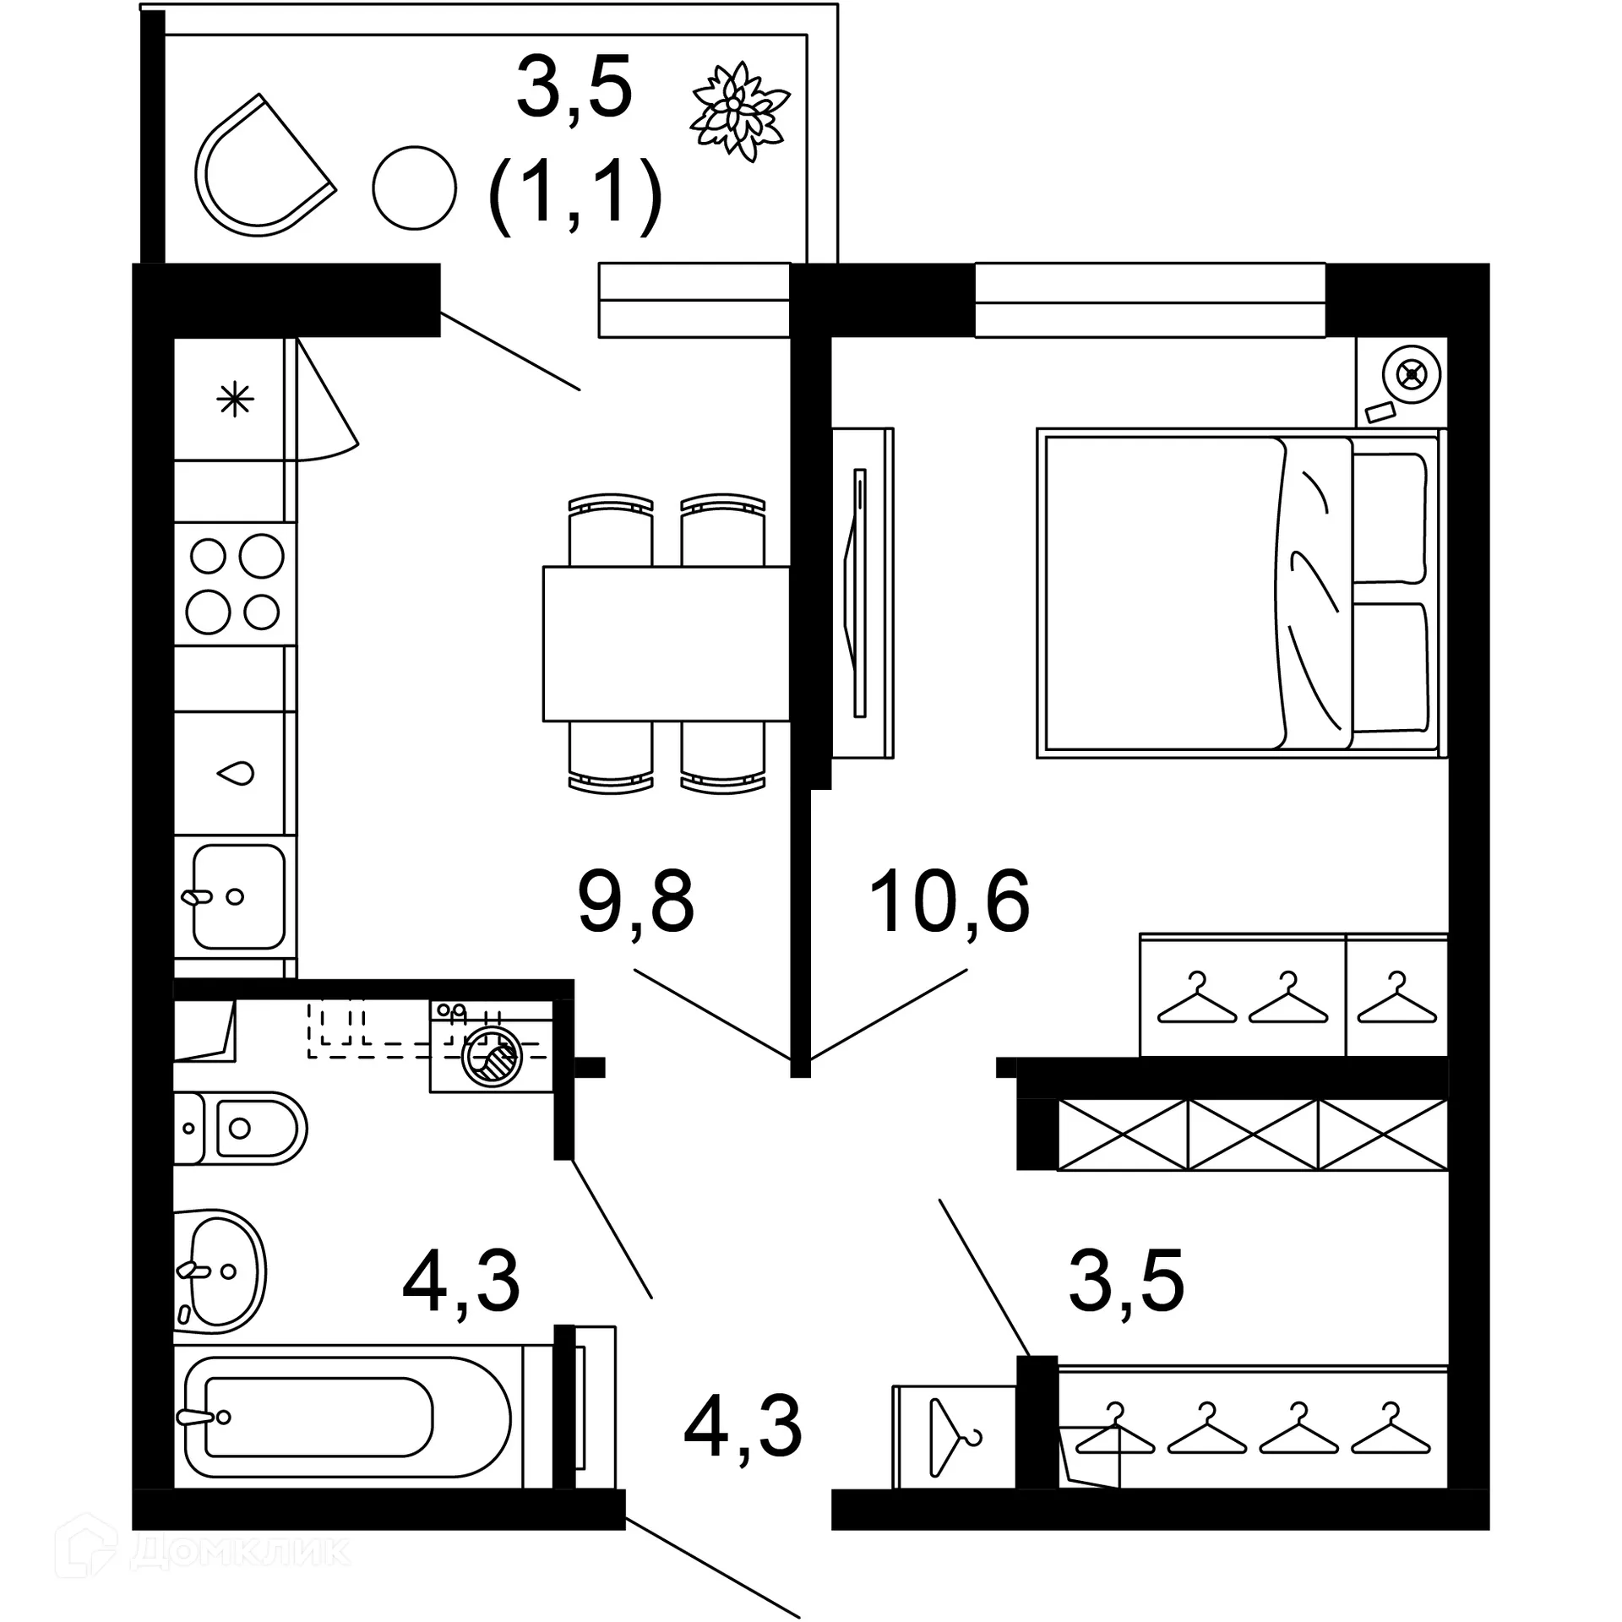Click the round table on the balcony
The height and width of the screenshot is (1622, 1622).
click(414, 188)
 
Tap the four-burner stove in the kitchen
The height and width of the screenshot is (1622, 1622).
click(235, 584)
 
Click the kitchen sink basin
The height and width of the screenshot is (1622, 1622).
click(237, 896)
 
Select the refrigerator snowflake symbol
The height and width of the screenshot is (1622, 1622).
click(235, 399)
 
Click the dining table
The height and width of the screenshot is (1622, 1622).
click(666, 644)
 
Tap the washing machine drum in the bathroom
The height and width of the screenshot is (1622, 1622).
click(491, 1055)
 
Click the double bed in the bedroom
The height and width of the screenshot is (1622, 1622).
click(1238, 593)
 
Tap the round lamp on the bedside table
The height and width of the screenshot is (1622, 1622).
click(1411, 373)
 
